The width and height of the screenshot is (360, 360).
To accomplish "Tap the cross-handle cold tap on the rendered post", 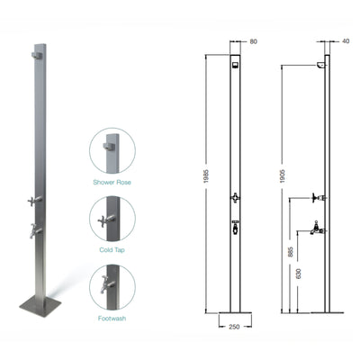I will coord(33,202).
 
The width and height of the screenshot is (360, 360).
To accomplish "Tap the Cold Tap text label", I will coord(112,249).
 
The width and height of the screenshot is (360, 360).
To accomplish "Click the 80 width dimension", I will coord(254,40).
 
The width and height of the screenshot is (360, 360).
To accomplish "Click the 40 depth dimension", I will coord(346,40).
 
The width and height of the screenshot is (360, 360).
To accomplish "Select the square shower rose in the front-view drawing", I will coord(235,65).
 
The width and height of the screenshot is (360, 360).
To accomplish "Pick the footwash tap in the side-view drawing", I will coord(318,229).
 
